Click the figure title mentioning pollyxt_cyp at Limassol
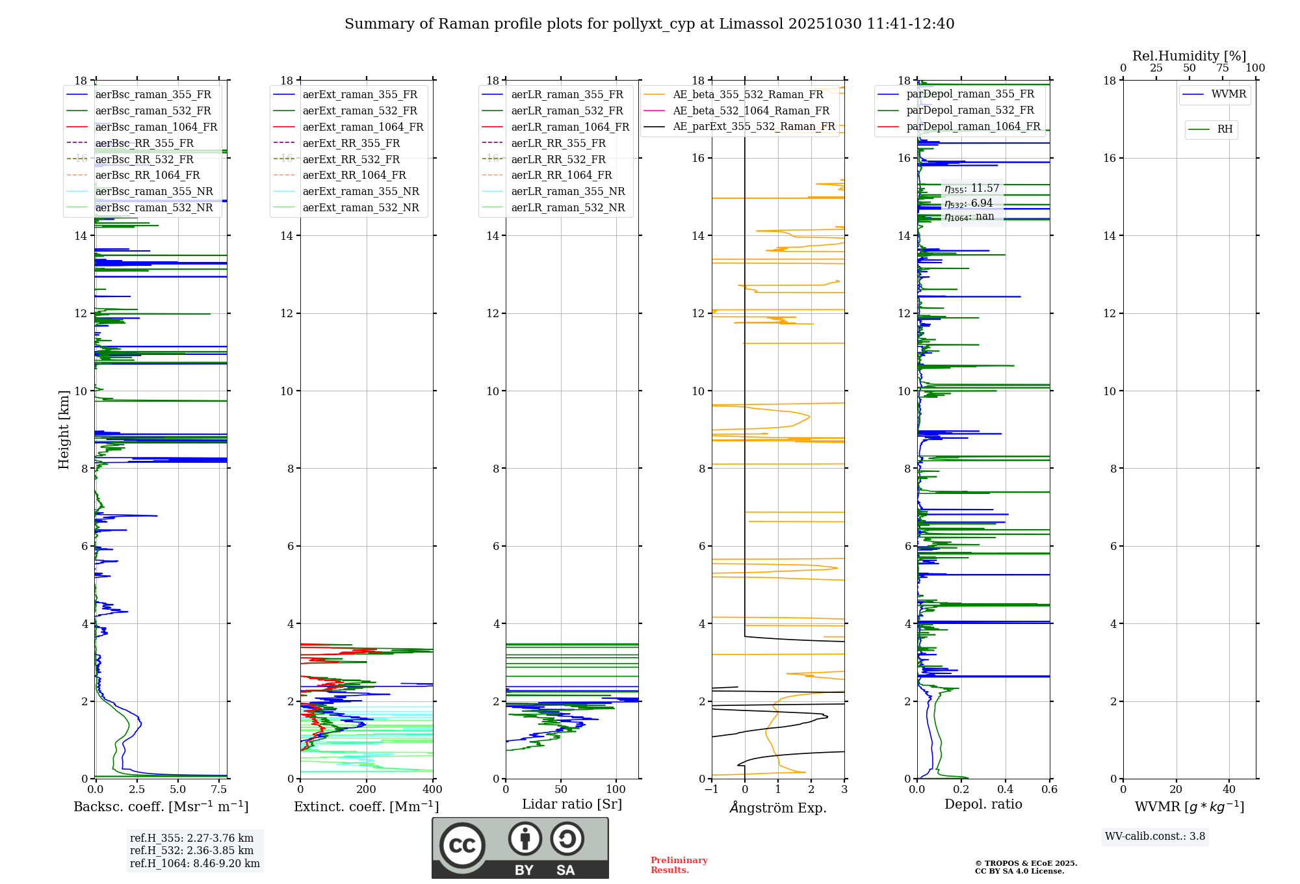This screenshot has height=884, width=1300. (x=649, y=24)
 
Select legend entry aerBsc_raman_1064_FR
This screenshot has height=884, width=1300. (x=156, y=127)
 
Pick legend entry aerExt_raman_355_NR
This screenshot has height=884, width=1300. (x=361, y=191)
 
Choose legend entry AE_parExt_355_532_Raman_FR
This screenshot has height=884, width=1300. (x=754, y=126)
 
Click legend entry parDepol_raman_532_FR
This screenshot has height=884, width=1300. (x=970, y=110)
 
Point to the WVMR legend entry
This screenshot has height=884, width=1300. (x=1228, y=94)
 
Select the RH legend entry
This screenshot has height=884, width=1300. (x=1225, y=129)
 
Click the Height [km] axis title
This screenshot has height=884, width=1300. (x=64, y=429)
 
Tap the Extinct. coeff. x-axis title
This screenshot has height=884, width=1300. (x=367, y=807)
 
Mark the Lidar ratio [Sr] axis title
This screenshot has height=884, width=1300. (x=572, y=804)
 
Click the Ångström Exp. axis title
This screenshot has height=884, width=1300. (x=778, y=807)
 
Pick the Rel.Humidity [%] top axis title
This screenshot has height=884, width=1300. (x=1189, y=56)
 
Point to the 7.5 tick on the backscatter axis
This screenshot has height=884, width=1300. (x=219, y=789)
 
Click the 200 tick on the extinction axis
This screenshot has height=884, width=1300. (x=367, y=789)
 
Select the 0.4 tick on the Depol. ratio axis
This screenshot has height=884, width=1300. (x=1006, y=789)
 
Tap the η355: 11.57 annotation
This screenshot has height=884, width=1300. (x=972, y=188)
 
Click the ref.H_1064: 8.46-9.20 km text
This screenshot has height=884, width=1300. (x=195, y=863)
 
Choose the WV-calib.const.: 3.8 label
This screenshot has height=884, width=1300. (x=1155, y=836)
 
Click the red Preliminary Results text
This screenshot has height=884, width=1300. (x=679, y=864)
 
